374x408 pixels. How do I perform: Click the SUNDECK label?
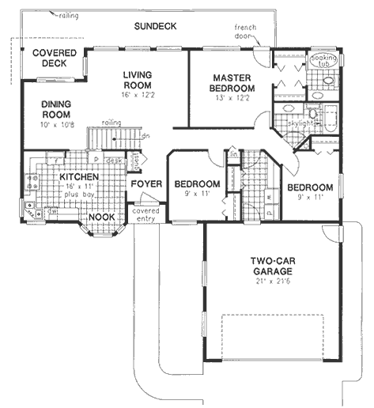(155, 26)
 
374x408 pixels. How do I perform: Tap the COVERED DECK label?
(55, 59)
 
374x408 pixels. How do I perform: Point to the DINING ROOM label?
(57, 108)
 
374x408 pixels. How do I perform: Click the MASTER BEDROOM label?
(232, 82)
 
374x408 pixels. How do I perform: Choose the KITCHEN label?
(80, 177)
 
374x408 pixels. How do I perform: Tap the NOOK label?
(100, 217)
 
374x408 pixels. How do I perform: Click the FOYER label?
(146, 184)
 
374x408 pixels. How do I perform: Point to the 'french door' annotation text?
(246, 32)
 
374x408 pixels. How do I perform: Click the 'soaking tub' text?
(323, 60)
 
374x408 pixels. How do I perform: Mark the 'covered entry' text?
(146, 215)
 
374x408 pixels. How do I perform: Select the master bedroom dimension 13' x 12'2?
(232, 98)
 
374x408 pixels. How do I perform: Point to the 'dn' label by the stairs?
(145, 135)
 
